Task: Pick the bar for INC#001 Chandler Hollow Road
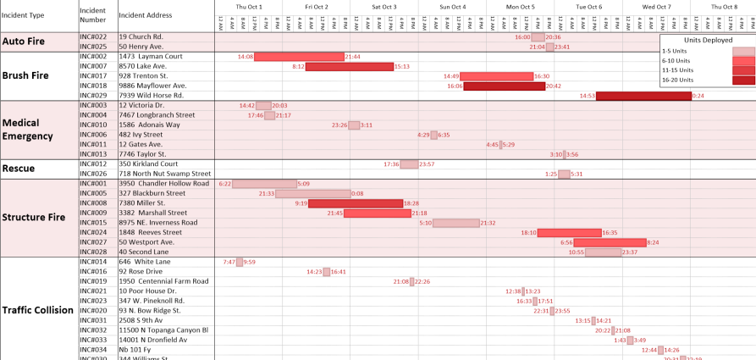coord(264,184)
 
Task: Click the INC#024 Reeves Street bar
coord(569,232)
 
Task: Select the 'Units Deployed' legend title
coord(707,39)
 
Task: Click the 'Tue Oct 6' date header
coord(588,7)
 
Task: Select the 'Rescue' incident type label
coord(19,169)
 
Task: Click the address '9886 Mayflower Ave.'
coord(152,86)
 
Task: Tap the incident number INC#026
coord(93,174)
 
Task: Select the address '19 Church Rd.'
coord(141,37)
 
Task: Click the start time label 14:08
coord(246,57)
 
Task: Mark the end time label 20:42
coord(554,86)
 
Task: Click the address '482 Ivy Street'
coord(141,135)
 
